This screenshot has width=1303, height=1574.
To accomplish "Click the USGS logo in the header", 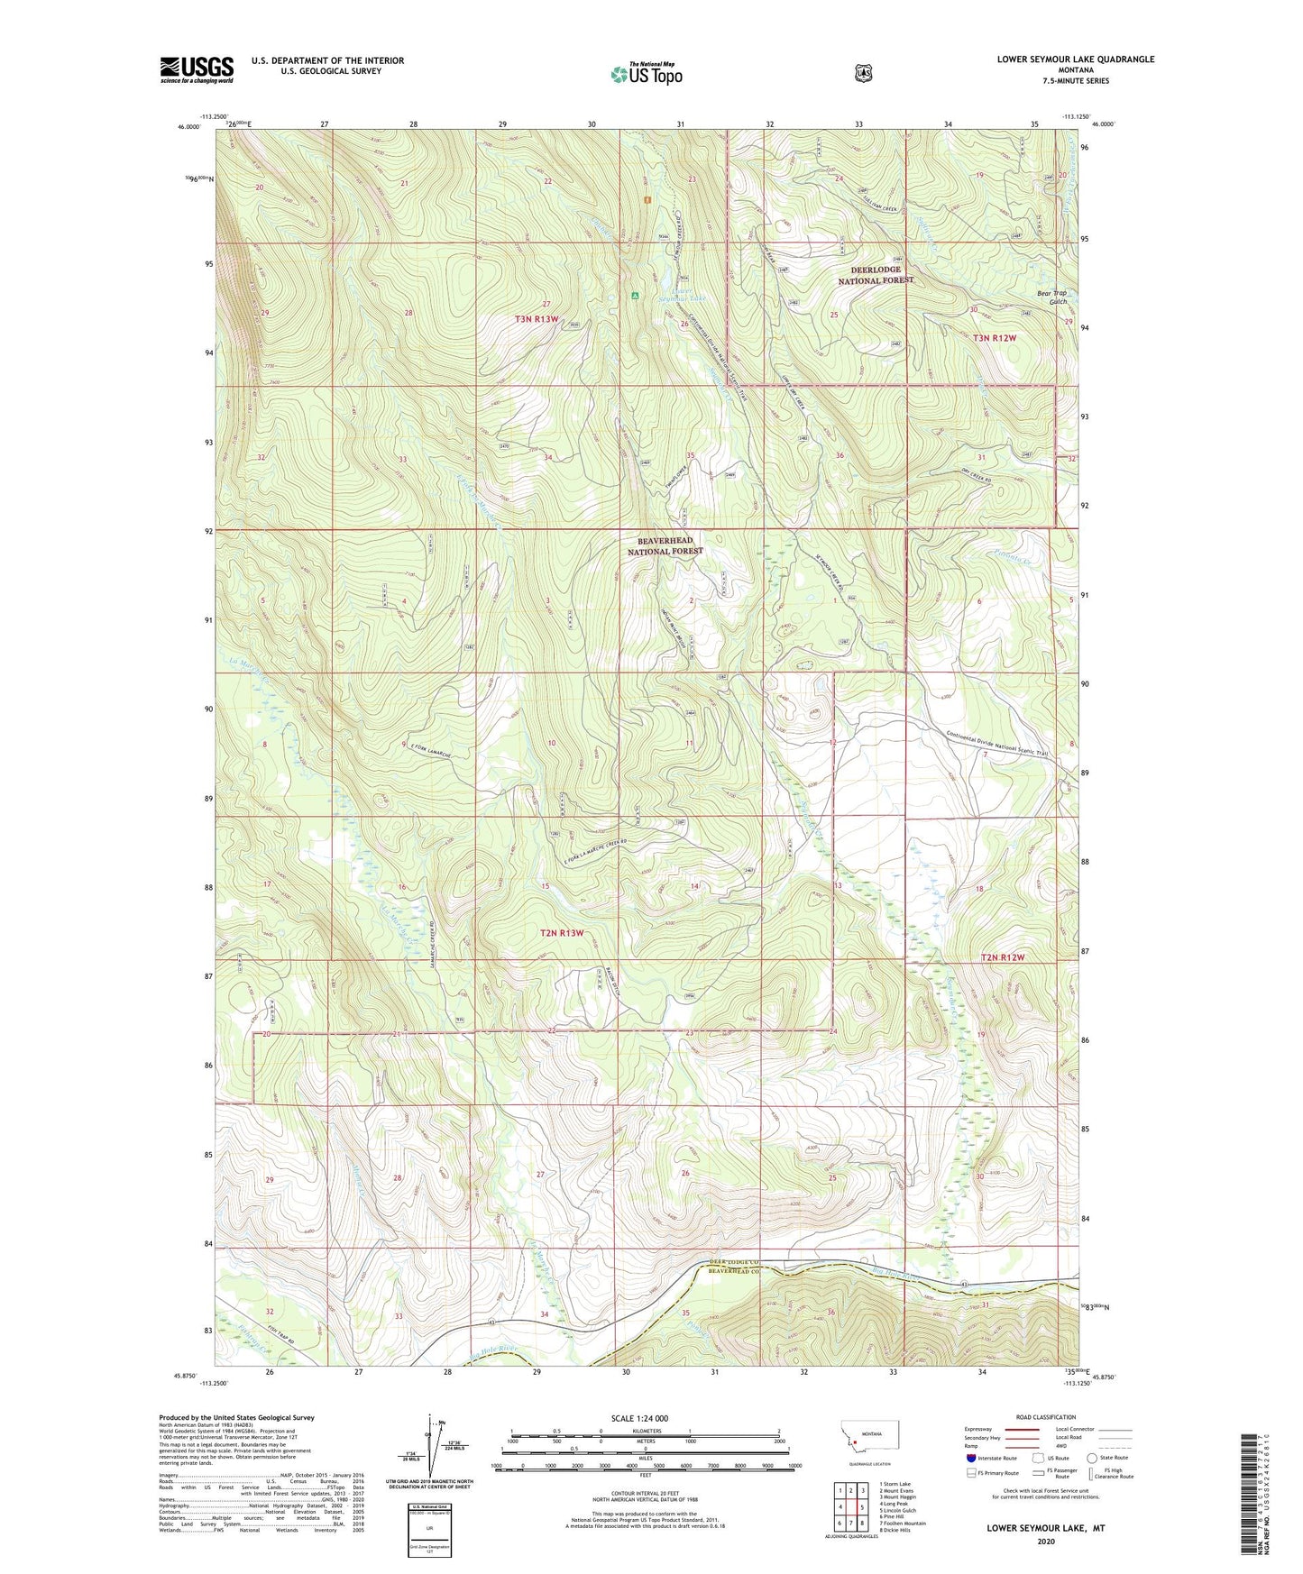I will click(197, 69).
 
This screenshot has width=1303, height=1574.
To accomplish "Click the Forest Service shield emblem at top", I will click(863, 73).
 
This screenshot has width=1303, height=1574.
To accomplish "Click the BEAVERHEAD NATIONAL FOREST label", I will click(665, 545).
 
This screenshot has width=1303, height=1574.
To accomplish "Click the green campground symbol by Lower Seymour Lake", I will click(636, 295).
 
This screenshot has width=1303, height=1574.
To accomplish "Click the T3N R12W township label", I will click(994, 338).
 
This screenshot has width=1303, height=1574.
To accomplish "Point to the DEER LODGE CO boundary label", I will click(729, 1261).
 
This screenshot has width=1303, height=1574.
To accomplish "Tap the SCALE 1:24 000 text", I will click(639, 1418).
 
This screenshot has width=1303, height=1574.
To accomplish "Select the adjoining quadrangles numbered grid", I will click(849, 1507).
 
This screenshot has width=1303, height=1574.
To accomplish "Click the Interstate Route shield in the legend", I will click(970, 1457).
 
